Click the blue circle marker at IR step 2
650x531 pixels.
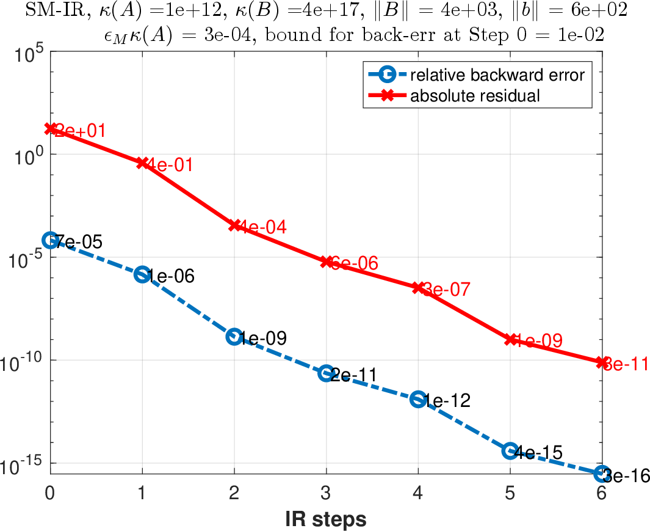(234, 336)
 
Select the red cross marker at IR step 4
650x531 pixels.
(418, 287)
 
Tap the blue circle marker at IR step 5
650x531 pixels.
(510, 450)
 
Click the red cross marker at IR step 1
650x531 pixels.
(143, 163)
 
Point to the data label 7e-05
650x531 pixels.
(79, 242)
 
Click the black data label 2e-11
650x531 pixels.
(354, 375)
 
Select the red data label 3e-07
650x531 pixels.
(446, 290)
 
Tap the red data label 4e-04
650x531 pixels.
(262, 227)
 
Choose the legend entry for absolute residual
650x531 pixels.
(475, 95)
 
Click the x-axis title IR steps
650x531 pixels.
(326, 519)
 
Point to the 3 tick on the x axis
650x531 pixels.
(327, 493)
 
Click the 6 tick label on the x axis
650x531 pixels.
(602, 493)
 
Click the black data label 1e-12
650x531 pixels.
(446, 401)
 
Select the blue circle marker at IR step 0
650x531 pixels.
(51, 240)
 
